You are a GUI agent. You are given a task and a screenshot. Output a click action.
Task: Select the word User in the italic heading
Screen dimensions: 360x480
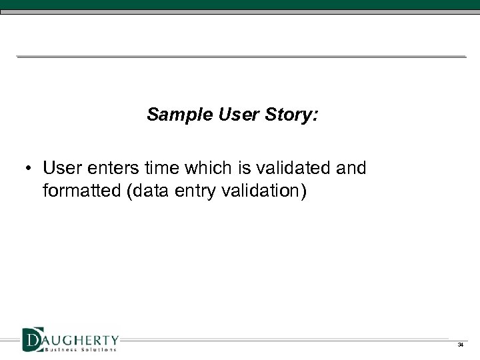(x=233, y=116)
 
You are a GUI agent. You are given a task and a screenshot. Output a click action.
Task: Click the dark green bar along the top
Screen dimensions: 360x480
(x=240, y=5)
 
